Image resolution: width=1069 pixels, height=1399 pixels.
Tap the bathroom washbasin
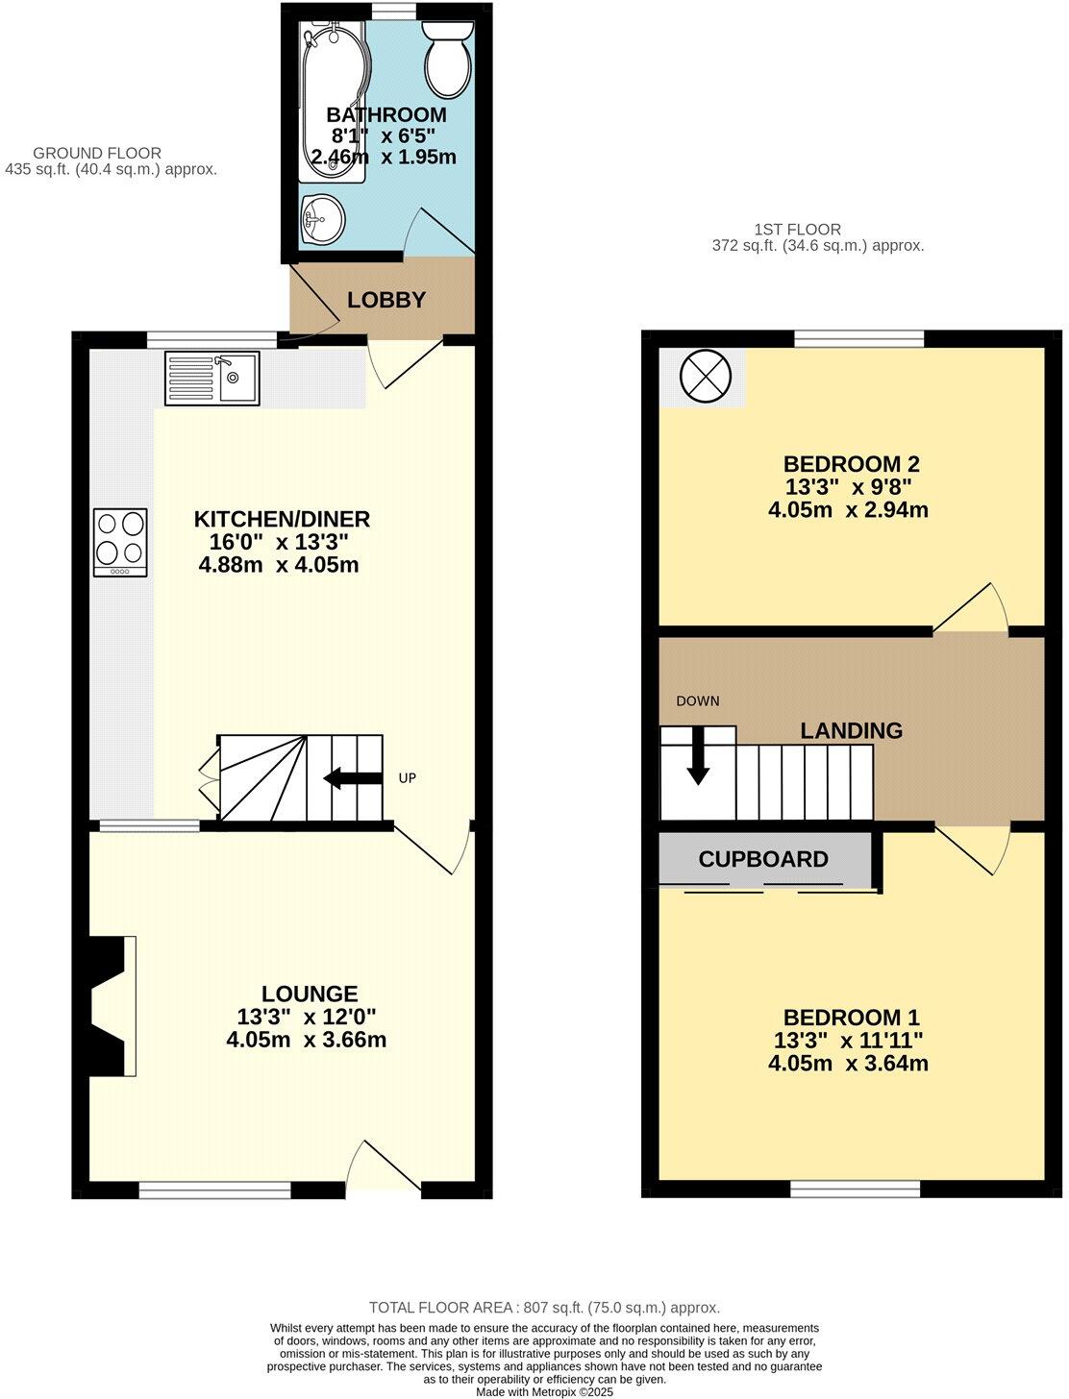tap(322, 220)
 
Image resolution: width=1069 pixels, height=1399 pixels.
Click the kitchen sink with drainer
tap(211, 378)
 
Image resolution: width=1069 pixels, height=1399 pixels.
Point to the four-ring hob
tap(120, 542)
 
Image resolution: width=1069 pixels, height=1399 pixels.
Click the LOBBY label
tap(385, 300)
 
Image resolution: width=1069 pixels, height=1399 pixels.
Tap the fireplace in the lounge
tap(111, 1005)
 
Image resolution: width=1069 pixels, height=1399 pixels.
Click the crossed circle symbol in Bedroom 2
tap(706, 375)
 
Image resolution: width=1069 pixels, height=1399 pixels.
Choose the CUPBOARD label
tap(763, 859)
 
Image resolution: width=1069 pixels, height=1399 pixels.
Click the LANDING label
tap(851, 731)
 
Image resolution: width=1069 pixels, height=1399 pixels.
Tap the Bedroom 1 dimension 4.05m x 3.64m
tap(848, 1064)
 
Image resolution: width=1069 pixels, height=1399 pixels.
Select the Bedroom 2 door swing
tap(971, 609)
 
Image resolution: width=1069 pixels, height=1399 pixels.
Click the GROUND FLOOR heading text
tap(97, 153)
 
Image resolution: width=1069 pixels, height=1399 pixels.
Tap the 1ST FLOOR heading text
tap(797, 230)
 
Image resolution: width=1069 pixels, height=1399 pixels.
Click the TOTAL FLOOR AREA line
tap(544, 1308)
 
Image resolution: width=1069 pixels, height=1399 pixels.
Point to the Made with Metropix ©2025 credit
tap(544, 1391)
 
